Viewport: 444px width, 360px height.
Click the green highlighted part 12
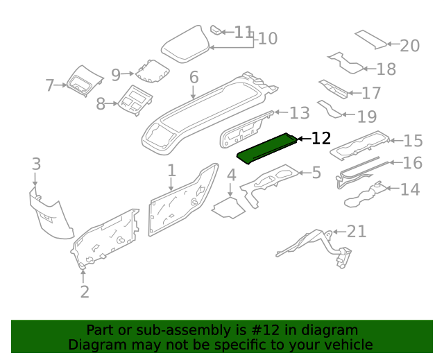266,147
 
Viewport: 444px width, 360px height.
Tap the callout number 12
321,139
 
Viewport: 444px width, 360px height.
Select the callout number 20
409,46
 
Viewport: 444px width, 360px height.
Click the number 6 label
194,77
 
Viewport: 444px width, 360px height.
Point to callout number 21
356,231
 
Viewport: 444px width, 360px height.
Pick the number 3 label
36,164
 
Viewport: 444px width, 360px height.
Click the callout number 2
85,291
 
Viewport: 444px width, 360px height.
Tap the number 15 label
413,141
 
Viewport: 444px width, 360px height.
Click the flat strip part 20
370,40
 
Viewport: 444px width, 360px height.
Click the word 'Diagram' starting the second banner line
96,345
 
